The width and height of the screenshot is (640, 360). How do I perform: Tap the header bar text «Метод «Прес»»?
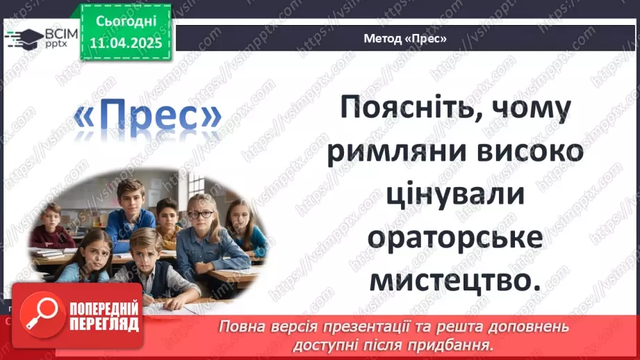coord(404,38)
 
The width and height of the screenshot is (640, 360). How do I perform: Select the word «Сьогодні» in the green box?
coord(126,23)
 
